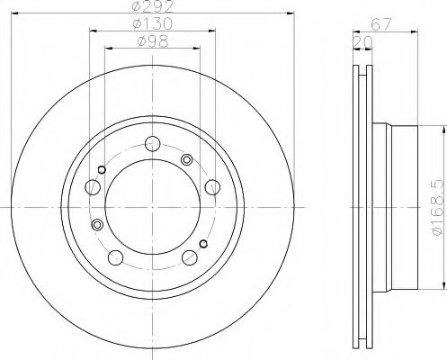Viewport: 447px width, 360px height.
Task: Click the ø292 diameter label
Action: click(x=153, y=6)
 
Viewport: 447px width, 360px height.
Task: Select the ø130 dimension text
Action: click(x=153, y=23)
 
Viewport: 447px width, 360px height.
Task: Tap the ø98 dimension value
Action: click(x=153, y=41)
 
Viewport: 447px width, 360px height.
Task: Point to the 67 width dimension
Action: click(x=381, y=24)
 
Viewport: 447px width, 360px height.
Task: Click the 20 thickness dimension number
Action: click(x=363, y=42)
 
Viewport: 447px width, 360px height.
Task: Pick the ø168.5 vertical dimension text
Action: click(x=438, y=208)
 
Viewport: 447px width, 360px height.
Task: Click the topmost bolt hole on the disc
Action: click(x=153, y=144)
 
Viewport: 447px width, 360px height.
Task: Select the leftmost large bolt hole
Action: click(x=93, y=187)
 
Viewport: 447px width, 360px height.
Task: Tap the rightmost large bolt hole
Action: click(x=212, y=187)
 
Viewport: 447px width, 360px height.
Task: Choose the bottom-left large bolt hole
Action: click(x=115, y=257)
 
